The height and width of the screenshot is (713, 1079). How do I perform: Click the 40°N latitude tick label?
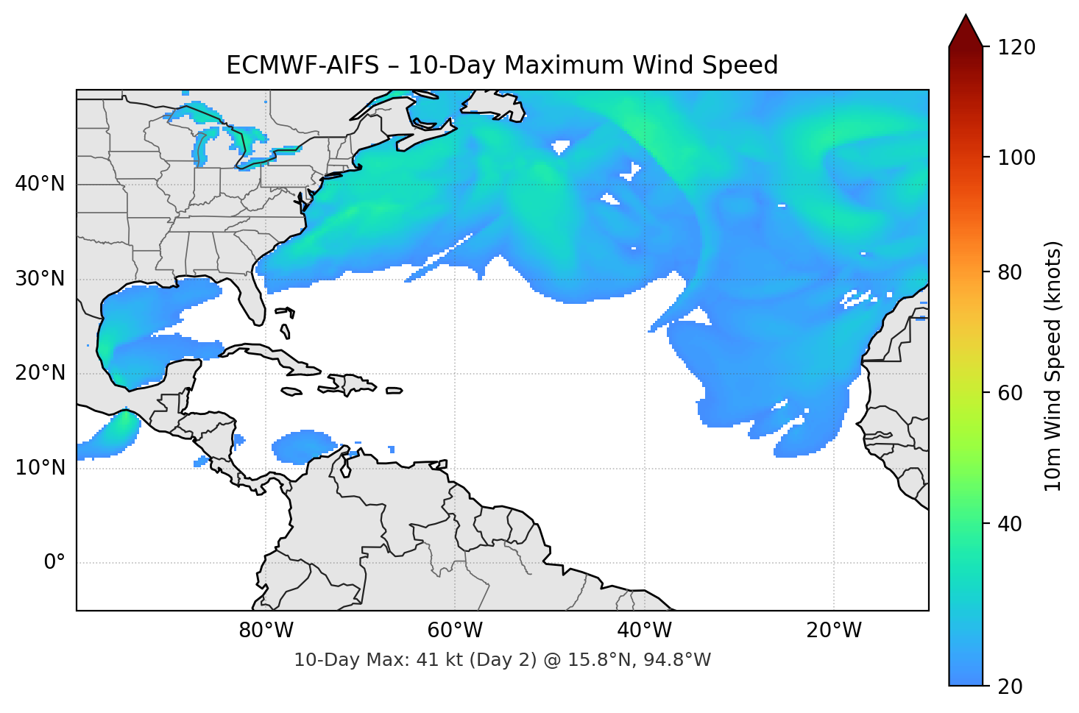click(40, 184)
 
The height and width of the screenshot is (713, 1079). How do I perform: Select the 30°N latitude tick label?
click(40, 279)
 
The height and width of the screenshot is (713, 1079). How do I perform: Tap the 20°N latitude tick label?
click(40, 374)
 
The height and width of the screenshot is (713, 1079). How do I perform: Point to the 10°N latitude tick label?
click(40, 468)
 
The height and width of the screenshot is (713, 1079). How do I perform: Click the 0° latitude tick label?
click(54, 563)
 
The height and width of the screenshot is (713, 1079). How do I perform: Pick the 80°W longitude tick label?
click(266, 631)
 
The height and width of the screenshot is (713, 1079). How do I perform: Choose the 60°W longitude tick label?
click(455, 631)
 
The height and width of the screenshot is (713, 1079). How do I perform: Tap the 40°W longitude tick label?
click(644, 631)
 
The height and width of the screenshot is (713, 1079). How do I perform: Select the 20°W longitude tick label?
click(834, 631)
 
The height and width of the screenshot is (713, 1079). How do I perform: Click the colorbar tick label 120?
click(1016, 48)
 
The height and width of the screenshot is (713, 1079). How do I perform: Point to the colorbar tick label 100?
click(1016, 157)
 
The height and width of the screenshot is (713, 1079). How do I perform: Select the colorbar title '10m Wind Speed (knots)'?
click(1053, 366)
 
